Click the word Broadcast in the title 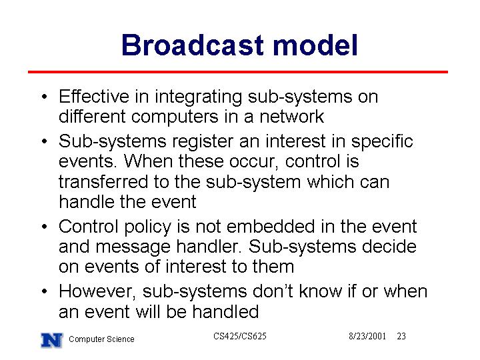(x=193, y=45)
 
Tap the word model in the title (x=315, y=45)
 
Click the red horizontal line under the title (x=238, y=72)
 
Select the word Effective (x=94, y=96)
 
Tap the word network (x=291, y=116)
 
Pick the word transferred (x=103, y=181)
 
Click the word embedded (x=271, y=227)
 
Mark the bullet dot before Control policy (x=45, y=227)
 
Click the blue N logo (x=52, y=340)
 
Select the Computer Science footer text (x=101, y=339)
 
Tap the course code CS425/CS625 (x=240, y=336)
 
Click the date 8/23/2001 (x=367, y=336)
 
